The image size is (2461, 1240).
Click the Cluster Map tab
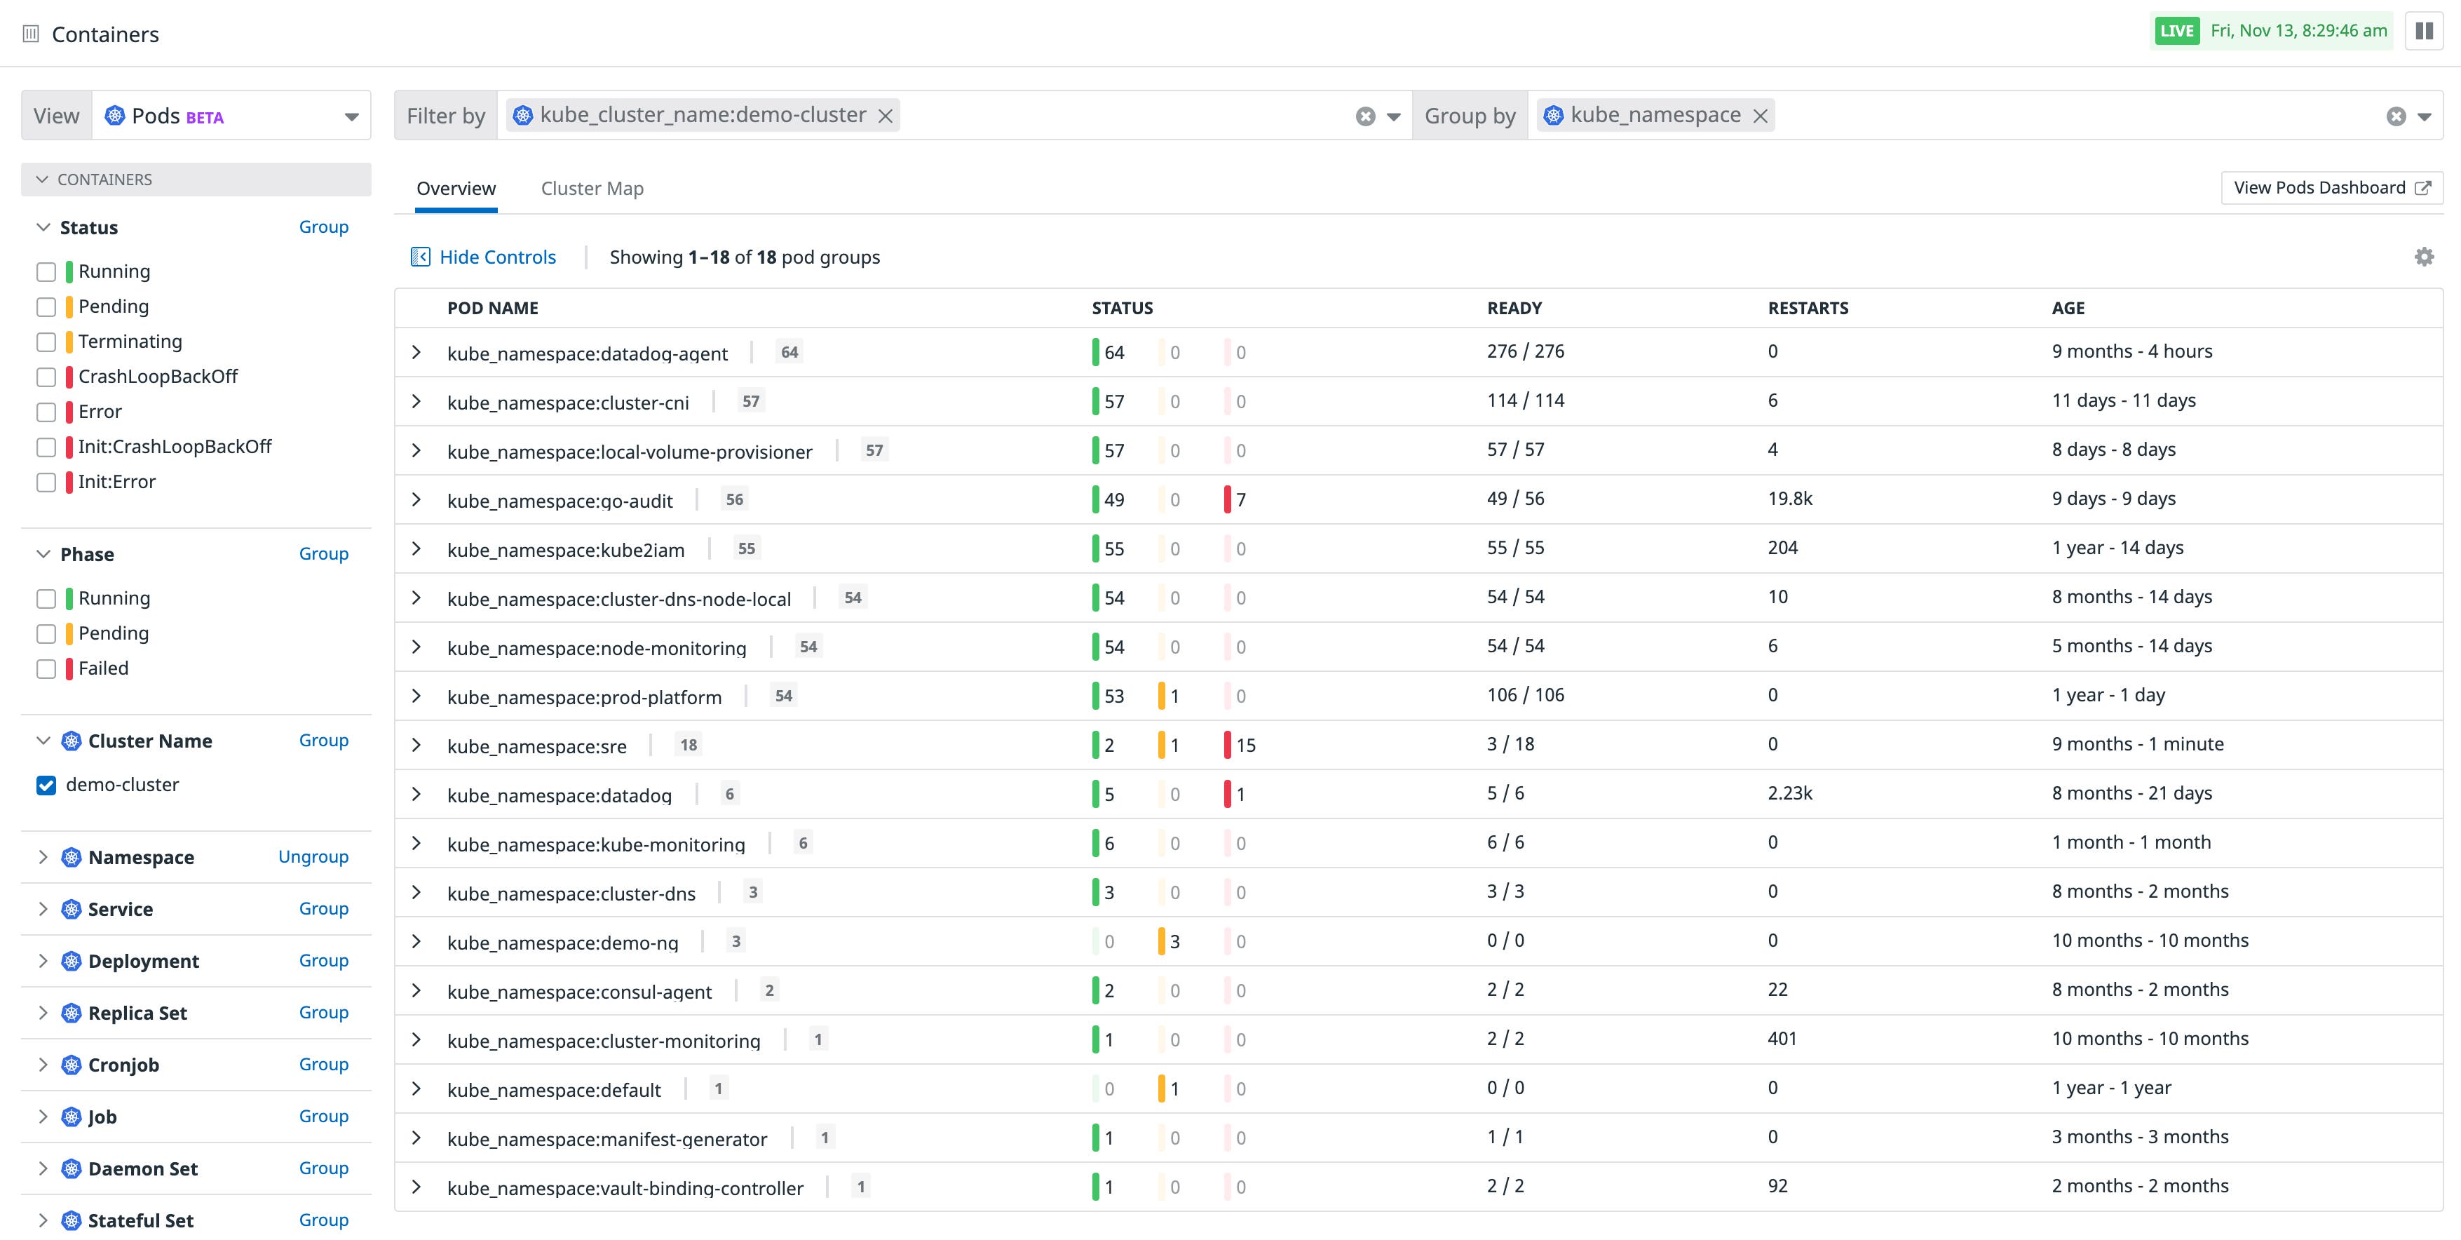click(x=591, y=188)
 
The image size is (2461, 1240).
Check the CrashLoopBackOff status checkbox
click(x=46, y=377)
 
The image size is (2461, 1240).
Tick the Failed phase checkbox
click(x=46, y=668)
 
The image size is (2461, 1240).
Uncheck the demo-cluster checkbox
click(x=46, y=786)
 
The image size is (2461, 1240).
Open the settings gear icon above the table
click(x=2424, y=257)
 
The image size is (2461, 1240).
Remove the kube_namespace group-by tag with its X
click(x=1760, y=116)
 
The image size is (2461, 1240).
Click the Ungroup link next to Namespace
click(x=313, y=857)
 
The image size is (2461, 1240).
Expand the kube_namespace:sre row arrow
click(x=416, y=745)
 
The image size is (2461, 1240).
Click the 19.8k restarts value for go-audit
click(x=1789, y=499)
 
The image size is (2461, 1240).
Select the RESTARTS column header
click(x=1808, y=309)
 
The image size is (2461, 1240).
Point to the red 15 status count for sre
click(x=1244, y=745)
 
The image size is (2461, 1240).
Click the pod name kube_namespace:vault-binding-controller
click(x=625, y=1188)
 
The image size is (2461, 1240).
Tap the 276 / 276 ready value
click(x=1525, y=351)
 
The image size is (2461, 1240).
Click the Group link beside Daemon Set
click(x=323, y=1168)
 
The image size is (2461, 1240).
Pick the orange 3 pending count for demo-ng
click(x=1173, y=942)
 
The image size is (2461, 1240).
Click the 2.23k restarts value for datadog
click(x=1789, y=794)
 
